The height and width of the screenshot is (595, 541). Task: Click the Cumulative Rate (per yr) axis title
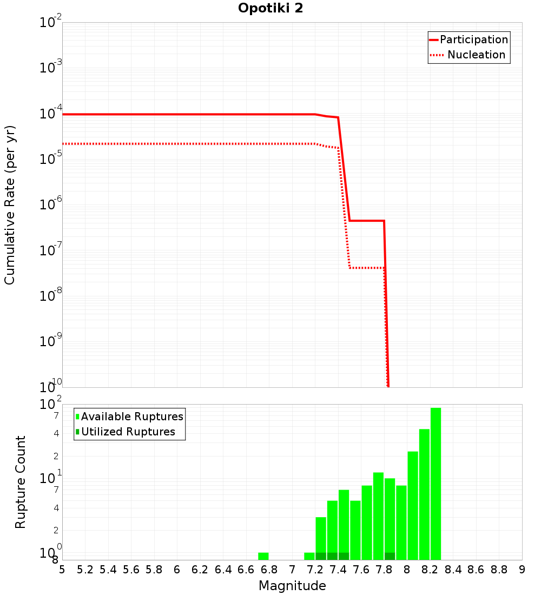10,204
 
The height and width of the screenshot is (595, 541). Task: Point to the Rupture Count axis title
21,482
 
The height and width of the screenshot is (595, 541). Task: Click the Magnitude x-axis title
292,586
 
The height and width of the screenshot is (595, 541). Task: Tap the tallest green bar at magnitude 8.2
436,484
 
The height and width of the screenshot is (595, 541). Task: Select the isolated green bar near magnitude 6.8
263,556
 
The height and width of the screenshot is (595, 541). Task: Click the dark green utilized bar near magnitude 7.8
390,556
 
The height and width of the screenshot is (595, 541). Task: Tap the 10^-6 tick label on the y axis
51,204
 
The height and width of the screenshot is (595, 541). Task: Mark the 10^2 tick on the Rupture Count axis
51,405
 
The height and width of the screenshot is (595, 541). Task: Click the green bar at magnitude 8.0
413,505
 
